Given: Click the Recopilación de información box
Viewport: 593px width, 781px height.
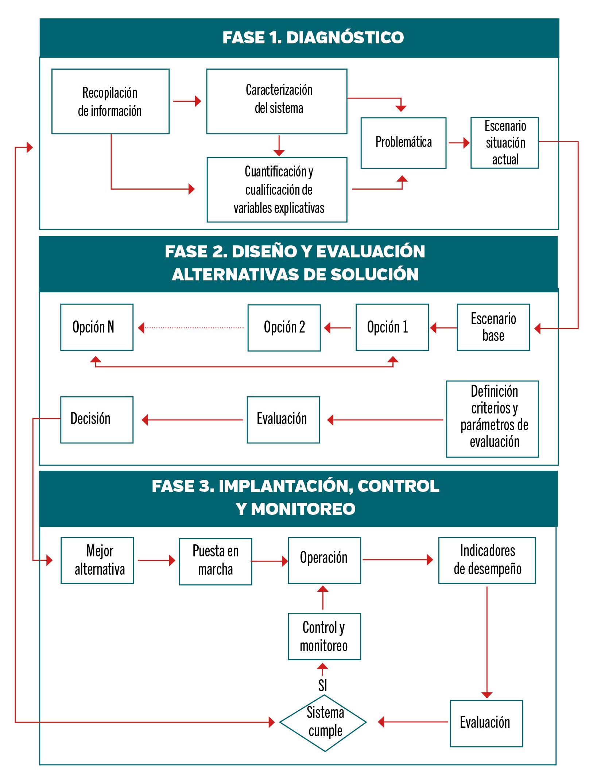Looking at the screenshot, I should coord(110,101).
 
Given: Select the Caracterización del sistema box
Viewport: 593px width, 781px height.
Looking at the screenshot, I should coord(277,101).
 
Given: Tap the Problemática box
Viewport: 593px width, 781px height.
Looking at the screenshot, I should coord(403,143).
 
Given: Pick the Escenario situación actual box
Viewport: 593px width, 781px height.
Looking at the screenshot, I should coord(504,143).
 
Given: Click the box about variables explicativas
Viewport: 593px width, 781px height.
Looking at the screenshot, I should coord(277,190).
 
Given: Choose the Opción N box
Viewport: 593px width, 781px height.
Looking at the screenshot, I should coord(97,327).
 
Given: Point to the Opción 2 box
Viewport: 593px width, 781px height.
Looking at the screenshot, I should coord(284,327).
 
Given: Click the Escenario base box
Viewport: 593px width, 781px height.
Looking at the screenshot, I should coord(493,327).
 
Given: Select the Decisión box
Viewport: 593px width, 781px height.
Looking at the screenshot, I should coord(97,420).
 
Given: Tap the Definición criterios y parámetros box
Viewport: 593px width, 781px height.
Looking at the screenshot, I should coord(492,419).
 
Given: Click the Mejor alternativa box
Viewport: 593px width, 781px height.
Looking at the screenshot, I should coord(97,560).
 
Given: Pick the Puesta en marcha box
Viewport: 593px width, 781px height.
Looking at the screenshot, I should coord(215,561).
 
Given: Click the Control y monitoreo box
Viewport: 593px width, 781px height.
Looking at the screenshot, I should coord(324,636).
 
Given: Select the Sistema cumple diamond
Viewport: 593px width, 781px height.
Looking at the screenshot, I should coord(323,722).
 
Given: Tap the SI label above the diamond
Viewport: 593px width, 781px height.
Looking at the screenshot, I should coord(323,685).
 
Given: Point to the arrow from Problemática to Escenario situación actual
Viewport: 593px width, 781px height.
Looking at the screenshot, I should coord(458,143).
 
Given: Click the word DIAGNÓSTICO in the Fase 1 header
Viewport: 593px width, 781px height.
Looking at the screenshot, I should coord(345,38).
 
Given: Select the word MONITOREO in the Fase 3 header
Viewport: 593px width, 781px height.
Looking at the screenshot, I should coord(303,509).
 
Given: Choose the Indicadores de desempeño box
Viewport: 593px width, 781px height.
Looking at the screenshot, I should coord(487,560).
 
